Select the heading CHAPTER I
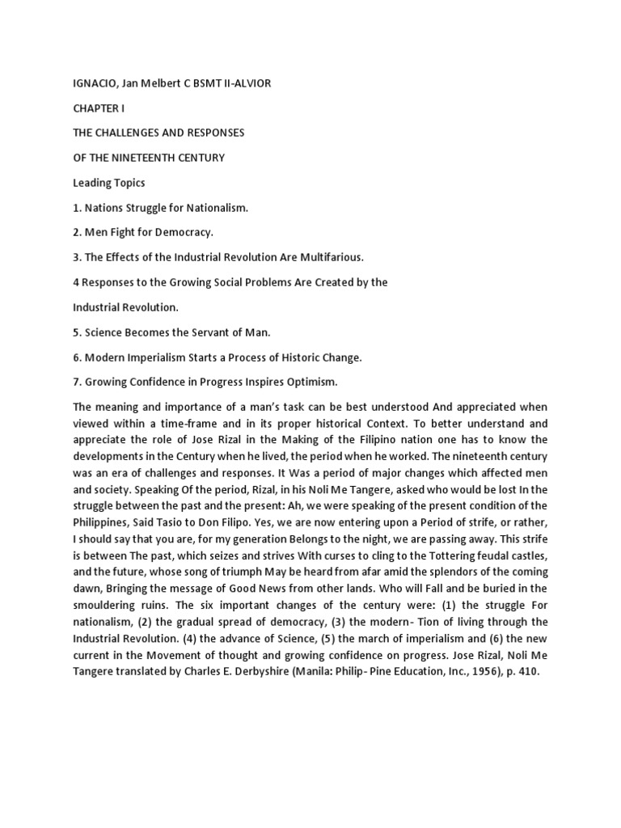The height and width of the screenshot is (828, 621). point(99,108)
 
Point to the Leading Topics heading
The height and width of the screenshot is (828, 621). point(108,183)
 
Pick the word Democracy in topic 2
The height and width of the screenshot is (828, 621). point(185,232)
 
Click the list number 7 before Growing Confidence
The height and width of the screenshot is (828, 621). point(76,381)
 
